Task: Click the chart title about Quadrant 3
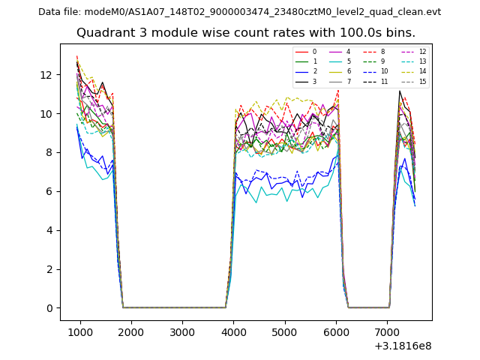244,33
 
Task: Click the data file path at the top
239,12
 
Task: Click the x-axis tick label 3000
182,332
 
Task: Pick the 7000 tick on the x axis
386,332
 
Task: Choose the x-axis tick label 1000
80,332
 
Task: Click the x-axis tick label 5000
284,332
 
